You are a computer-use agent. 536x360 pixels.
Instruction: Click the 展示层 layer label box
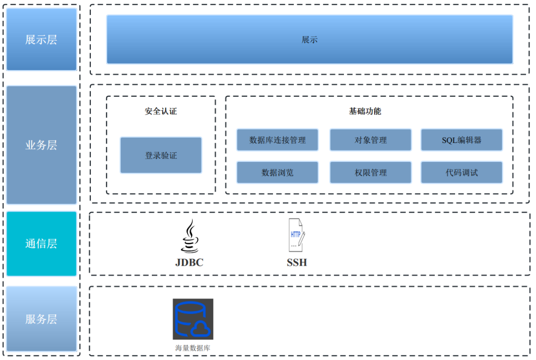tap(42, 39)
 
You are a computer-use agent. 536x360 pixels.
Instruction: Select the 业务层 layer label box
tap(42, 144)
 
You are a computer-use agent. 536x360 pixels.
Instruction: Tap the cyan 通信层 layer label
tap(42, 243)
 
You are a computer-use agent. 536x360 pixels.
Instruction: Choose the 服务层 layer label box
tap(42, 318)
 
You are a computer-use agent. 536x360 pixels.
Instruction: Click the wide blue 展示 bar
tap(309, 39)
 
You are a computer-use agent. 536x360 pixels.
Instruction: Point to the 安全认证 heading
tap(161, 111)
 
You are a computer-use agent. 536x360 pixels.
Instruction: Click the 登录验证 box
tap(161, 155)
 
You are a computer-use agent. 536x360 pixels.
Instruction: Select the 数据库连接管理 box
tap(277, 140)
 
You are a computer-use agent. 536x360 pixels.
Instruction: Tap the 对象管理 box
tap(370, 140)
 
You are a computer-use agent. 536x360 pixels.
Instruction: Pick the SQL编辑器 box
tap(462, 140)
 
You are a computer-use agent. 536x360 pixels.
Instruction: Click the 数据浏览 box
tap(277, 172)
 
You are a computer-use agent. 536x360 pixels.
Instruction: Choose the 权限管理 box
tap(370, 172)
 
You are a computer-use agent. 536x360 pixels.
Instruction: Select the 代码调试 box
tap(462, 172)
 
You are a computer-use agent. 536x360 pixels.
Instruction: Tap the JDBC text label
tap(189, 262)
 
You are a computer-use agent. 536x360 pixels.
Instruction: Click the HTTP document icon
tap(297, 235)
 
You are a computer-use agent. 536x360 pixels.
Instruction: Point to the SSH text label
tap(297, 262)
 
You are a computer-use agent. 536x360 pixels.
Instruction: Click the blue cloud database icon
tap(193, 319)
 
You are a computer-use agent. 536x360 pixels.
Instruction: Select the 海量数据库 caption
tap(193, 348)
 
